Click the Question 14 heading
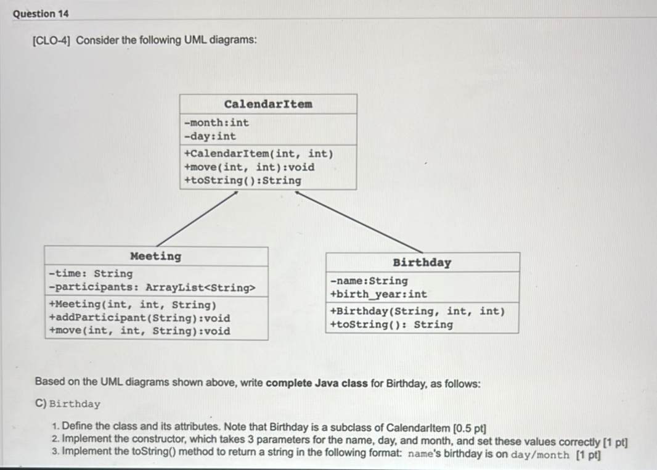(x=41, y=14)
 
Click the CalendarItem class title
(x=268, y=104)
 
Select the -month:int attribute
(x=216, y=122)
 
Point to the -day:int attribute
(x=210, y=136)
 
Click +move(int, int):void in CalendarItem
(x=249, y=167)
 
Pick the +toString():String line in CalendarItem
(x=243, y=181)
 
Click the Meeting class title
(x=156, y=256)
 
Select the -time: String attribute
(x=91, y=273)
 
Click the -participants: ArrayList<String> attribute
(x=151, y=287)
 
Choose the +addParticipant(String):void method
(x=139, y=318)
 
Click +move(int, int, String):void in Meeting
(x=139, y=331)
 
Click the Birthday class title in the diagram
(x=422, y=263)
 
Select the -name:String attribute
(x=369, y=281)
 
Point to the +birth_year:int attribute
(x=378, y=294)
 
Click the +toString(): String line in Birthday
(x=391, y=324)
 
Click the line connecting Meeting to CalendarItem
(x=197, y=218)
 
